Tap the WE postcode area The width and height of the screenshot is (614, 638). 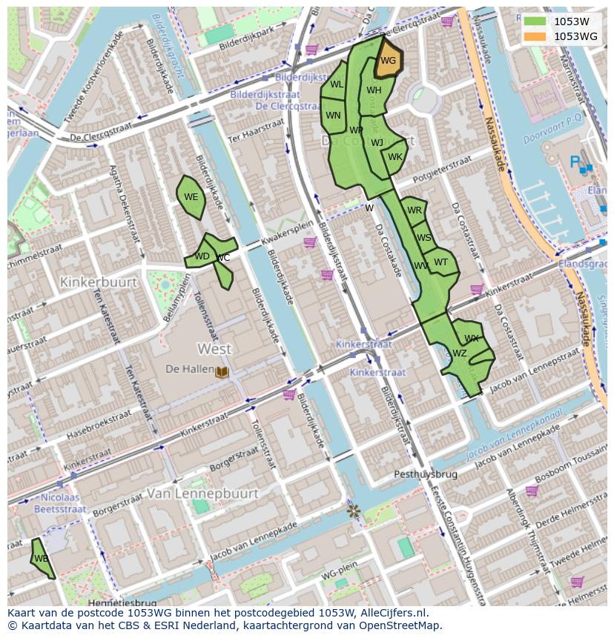pos(191,197)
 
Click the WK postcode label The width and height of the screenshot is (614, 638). pos(395,157)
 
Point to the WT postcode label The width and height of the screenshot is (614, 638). pos(441,262)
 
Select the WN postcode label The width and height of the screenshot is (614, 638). pos(333,116)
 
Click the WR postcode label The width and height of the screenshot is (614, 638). pos(415,210)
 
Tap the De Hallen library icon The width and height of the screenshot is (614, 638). pos(222,370)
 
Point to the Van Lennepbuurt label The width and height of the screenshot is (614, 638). pos(202,493)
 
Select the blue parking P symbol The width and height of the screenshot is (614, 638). pos(574,162)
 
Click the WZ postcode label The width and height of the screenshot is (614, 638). pos(460,353)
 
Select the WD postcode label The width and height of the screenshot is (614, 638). pos(202,256)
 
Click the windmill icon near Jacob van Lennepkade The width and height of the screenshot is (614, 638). pos(354,511)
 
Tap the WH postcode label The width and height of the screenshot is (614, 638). pos(374,90)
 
